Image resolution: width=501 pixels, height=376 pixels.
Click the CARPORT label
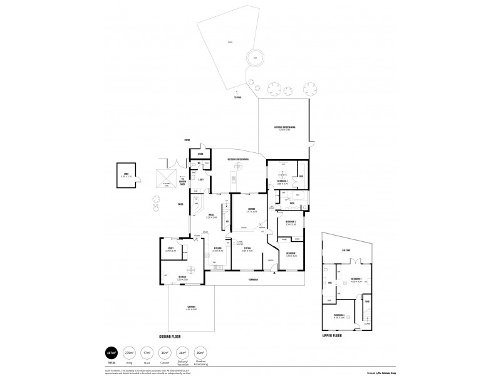pos(191,308)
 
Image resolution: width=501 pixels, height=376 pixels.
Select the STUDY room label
pos(170,248)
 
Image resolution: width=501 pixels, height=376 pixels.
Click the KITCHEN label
pos(217,248)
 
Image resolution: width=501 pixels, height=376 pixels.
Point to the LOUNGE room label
pos(250,208)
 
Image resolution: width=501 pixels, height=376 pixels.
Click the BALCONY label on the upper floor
pos(346,251)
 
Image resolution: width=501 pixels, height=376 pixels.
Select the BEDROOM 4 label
pos(339,315)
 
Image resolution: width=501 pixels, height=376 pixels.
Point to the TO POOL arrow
pos(238,94)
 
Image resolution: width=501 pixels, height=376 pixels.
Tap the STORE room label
pos(200,154)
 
